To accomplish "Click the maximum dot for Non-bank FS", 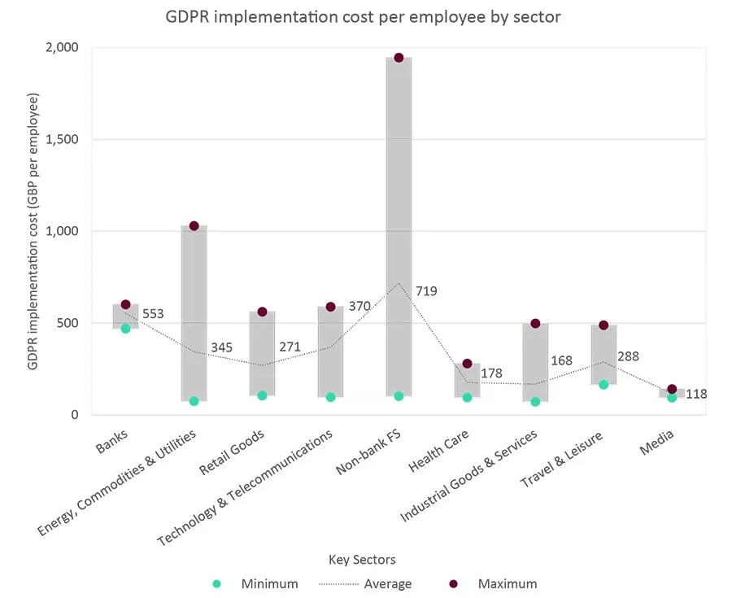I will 399,58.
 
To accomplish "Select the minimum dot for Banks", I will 125,329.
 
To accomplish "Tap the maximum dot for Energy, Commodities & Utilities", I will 194,226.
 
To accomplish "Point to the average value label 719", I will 426,290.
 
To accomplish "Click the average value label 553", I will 153,314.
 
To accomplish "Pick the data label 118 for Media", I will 696,395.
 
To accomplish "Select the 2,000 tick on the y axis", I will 62,47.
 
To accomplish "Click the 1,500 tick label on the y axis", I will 62,139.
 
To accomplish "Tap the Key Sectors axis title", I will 362,560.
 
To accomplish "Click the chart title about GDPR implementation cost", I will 364,17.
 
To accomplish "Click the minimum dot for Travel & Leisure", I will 603,384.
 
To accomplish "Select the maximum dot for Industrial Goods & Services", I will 535,324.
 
